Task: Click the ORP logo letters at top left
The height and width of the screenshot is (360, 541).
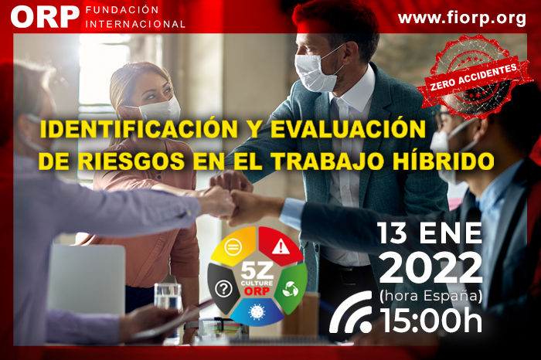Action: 45,17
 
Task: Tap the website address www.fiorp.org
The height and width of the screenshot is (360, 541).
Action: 462,19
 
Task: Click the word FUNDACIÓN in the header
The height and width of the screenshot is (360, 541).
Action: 122,10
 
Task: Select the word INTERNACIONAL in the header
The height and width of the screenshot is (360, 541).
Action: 135,24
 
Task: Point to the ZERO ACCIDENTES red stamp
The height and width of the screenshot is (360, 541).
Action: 473,76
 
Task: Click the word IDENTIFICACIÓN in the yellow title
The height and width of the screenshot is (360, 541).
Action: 139,129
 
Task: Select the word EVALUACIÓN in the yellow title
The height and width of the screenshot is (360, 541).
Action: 348,129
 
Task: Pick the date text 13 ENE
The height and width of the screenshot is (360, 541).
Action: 430,233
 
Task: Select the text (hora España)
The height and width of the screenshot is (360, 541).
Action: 430,296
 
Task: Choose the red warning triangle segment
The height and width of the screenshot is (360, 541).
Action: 280,246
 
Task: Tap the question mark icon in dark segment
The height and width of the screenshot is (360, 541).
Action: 223,288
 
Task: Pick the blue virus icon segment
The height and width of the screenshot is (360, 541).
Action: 257,312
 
